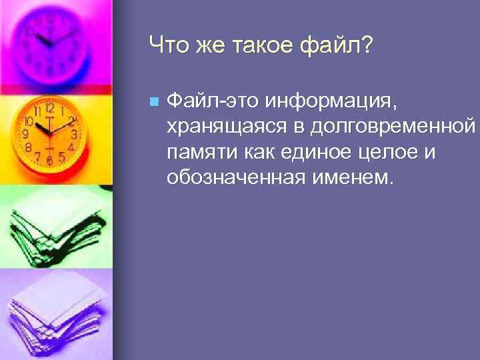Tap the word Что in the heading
169,47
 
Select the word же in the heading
210,47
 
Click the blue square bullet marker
154,102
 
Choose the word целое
387,153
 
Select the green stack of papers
53,227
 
